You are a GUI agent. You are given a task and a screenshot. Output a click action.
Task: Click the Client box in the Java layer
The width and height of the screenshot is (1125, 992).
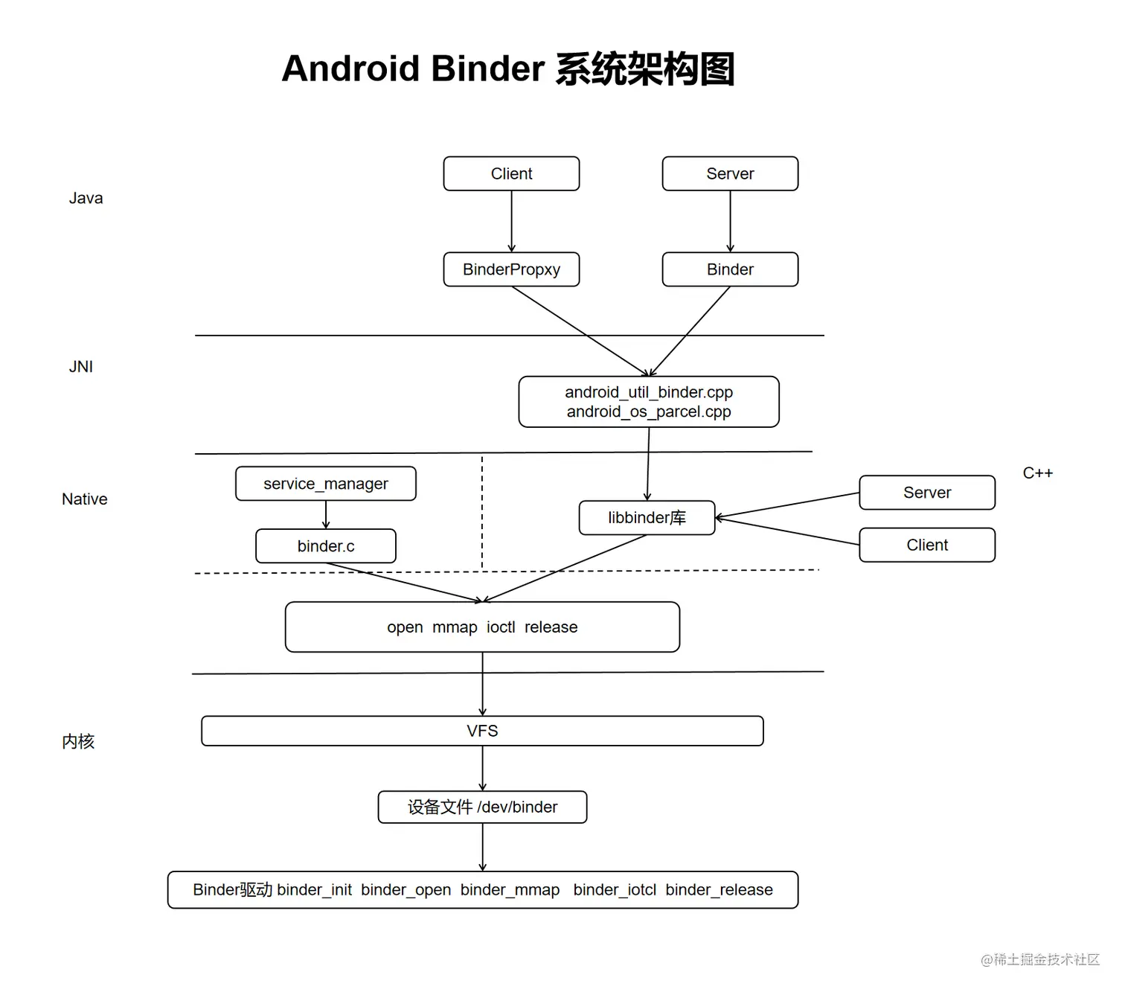click(x=511, y=173)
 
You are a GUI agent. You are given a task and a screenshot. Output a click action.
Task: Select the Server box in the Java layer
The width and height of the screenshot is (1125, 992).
click(x=730, y=173)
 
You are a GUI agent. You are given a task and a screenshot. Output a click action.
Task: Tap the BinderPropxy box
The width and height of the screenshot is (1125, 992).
click(x=511, y=269)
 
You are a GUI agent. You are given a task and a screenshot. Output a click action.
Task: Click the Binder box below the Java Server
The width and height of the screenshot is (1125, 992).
click(x=730, y=269)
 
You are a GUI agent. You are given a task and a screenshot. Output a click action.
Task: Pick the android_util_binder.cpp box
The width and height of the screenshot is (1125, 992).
click(x=649, y=401)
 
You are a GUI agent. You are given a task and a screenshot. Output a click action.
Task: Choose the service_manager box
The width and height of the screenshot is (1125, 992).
click(x=326, y=484)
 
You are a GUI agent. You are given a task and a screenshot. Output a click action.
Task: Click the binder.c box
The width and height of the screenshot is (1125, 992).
click(x=326, y=546)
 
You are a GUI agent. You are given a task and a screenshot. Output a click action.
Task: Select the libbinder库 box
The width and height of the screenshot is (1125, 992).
click(x=647, y=518)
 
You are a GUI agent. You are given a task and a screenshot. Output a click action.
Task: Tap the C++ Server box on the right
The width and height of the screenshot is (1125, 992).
click(x=927, y=493)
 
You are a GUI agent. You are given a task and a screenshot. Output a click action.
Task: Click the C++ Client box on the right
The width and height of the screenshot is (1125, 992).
click(x=927, y=545)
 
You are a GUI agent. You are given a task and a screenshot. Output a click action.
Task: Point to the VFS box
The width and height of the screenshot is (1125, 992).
click(x=482, y=731)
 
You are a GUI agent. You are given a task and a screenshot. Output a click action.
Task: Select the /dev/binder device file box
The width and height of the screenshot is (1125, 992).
click(x=482, y=807)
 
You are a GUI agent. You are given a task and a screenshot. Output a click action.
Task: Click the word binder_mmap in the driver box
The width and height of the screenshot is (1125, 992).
click(x=510, y=890)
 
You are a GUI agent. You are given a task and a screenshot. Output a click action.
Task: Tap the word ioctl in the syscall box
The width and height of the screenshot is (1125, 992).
click(x=501, y=627)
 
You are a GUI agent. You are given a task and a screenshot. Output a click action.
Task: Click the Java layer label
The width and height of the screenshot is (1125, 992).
click(x=86, y=198)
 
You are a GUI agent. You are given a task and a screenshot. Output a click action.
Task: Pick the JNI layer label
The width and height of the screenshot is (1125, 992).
click(x=81, y=366)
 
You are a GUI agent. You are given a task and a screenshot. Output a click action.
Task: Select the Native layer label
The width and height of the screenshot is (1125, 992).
click(x=84, y=499)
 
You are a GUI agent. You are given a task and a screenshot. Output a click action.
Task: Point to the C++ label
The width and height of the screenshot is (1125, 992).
click(x=1037, y=473)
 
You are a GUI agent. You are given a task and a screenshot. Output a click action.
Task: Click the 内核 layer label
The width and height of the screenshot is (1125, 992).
click(x=78, y=741)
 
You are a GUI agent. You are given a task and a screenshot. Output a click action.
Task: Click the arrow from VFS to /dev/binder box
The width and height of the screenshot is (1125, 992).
click(x=482, y=768)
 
